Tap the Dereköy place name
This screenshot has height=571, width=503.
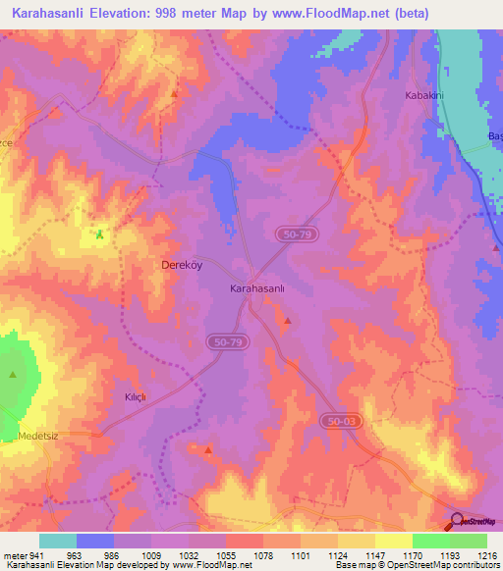182,265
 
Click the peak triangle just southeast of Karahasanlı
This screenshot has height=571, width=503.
287,321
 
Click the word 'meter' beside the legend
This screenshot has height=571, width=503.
15,553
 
